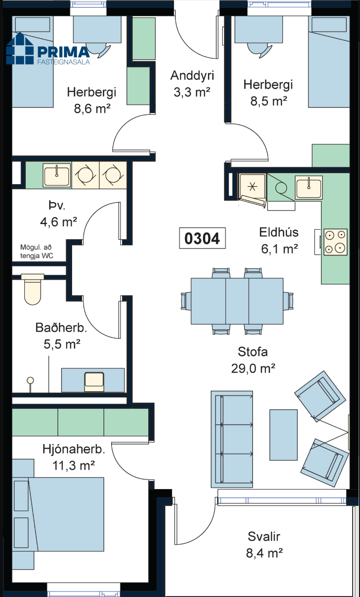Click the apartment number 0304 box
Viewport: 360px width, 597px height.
pyautogui.click(x=202, y=238)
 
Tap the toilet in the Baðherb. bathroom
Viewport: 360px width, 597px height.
pyautogui.click(x=33, y=289)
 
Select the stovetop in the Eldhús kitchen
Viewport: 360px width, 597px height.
pyautogui.click(x=336, y=242)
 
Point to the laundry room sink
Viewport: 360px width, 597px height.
pyautogui.click(x=57, y=175)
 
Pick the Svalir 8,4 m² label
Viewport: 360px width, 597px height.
pyautogui.click(x=264, y=545)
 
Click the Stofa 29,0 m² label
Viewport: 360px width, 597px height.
pyautogui.click(x=253, y=360)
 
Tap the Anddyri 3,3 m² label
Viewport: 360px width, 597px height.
pyautogui.click(x=192, y=84)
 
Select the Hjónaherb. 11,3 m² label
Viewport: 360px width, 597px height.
pyautogui.click(x=73, y=457)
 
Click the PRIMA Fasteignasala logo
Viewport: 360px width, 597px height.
pyautogui.click(x=48, y=49)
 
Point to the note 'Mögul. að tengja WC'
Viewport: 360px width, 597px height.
pyautogui.click(x=37, y=252)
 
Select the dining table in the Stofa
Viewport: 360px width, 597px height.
pyautogui.click(x=237, y=301)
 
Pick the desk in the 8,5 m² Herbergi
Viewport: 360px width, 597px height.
pyautogui.click(x=259, y=29)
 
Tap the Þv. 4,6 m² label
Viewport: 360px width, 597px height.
pyautogui.click(x=59, y=214)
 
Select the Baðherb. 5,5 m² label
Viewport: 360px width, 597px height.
pyautogui.click(x=62, y=336)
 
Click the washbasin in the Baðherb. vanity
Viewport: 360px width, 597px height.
pyautogui.click(x=94, y=382)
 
